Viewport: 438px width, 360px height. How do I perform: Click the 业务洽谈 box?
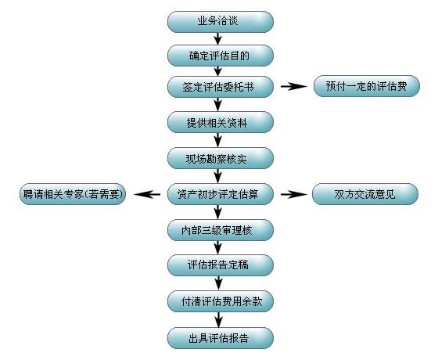[221, 22]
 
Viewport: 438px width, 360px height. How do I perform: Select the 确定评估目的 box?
[221, 56]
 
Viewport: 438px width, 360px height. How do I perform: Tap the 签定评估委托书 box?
[221, 87]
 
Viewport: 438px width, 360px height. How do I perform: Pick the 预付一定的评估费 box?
[367, 86]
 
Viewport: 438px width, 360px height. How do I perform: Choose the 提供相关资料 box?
[221, 122]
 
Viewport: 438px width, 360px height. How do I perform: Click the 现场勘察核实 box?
[221, 158]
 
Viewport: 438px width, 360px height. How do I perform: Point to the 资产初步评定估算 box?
[221, 194]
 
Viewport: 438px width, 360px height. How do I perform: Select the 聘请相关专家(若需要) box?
[73, 194]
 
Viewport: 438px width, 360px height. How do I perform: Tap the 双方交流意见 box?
[365, 194]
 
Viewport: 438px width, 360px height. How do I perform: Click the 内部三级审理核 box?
[221, 230]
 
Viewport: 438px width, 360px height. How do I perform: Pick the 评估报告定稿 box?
[221, 265]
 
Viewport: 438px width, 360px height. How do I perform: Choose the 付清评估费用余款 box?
[221, 301]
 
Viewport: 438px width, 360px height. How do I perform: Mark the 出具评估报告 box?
[221, 338]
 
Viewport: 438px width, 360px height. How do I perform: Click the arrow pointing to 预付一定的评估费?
[294, 87]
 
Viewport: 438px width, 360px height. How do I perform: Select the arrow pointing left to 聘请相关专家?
[147, 194]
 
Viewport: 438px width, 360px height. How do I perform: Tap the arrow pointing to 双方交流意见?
[294, 194]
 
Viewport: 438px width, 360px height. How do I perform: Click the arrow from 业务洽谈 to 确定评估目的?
[218, 39]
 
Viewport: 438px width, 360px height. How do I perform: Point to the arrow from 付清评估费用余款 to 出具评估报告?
[218, 320]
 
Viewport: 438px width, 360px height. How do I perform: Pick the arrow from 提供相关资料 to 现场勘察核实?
[218, 140]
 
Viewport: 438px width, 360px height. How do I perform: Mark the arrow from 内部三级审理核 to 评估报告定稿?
[218, 247]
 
